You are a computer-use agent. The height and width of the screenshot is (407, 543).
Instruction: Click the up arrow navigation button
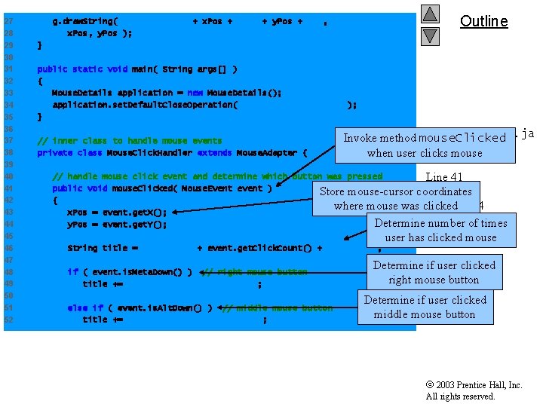pyautogui.click(x=430, y=14)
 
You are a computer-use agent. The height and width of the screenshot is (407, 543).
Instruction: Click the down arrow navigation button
pyautogui.click(x=430, y=35)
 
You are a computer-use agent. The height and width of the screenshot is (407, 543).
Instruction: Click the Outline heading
pyautogui.click(x=484, y=21)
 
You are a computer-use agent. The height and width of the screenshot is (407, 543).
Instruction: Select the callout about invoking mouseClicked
pyautogui.click(x=424, y=145)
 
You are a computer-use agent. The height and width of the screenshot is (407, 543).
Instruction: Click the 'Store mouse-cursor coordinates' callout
pyautogui.click(x=396, y=198)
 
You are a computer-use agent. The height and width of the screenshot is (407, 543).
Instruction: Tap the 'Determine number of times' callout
pyautogui.click(x=440, y=230)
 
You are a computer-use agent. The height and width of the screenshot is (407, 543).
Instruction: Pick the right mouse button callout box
pyautogui.click(x=434, y=272)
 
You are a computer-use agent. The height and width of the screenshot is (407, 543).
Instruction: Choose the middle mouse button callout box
pyautogui.click(x=425, y=307)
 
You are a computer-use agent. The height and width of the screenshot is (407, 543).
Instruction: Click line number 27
pyautogui.click(x=8, y=21)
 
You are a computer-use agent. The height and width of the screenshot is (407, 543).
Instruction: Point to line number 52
pyautogui.click(x=8, y=320)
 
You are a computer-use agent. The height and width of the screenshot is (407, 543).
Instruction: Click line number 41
pyautogui.click(x=8, y=188)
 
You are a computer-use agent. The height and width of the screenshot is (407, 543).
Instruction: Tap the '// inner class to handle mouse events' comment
pyautogui.click(x=130, y=141)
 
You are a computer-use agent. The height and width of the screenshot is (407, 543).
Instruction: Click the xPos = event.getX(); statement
pyautogui.click(x=117, y=213)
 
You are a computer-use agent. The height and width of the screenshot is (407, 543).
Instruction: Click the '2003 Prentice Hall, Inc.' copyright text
pyautogui.click(x=474, y=385)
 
